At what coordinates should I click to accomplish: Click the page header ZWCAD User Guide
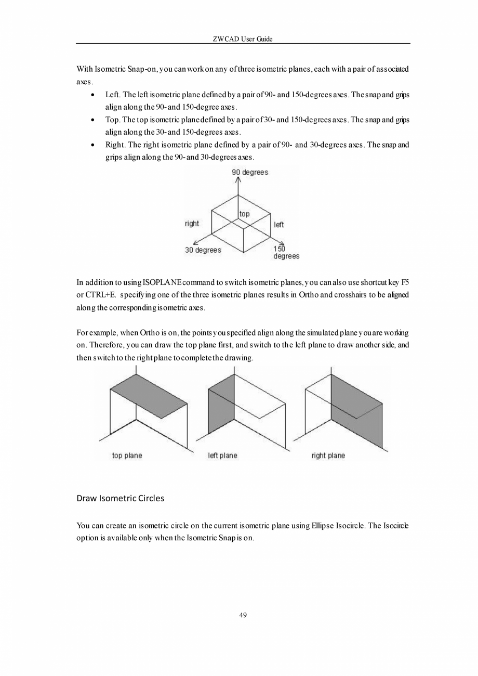(x=243, y=40)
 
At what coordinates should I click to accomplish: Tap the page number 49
(x=243, y=616)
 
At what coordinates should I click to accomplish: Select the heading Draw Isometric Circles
(x=120, y=498)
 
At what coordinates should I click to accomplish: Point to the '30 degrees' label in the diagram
(x=203, y=250)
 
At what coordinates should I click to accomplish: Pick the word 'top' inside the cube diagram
(x=244, y=214)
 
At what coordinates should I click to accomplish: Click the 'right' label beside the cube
(x=192, y=224)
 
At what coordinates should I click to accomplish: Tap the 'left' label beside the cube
(x=278, y=225)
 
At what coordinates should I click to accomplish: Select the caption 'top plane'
(x=127, y=456)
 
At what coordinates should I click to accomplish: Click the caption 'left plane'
(x=222, y=456)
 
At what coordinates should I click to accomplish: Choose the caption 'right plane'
(x=328, y=456)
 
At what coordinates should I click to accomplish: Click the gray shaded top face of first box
(x=149, y=396)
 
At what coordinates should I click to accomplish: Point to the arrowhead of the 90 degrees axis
(x=238, y=180)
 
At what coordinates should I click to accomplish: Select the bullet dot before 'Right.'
(x=92, y=145)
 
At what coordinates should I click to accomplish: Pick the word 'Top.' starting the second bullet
(x=113, y=120)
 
